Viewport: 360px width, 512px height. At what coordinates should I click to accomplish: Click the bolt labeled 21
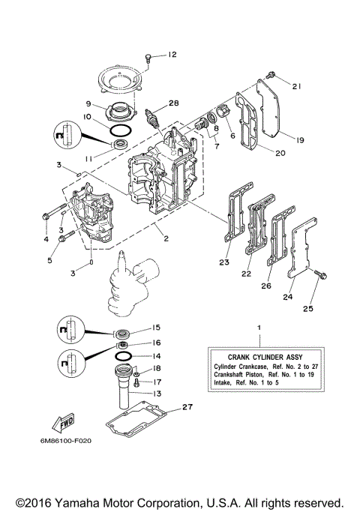tap(271, 74)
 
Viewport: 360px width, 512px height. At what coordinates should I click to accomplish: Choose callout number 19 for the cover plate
tap(298, 139)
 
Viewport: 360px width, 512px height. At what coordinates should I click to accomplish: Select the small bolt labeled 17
tap(137, 382)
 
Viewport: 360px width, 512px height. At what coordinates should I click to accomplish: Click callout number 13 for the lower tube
tap(156, 394)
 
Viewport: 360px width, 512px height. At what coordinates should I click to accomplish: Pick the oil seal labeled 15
tap(123, 330)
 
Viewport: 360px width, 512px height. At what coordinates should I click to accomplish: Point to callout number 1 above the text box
tap(259, 328)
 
